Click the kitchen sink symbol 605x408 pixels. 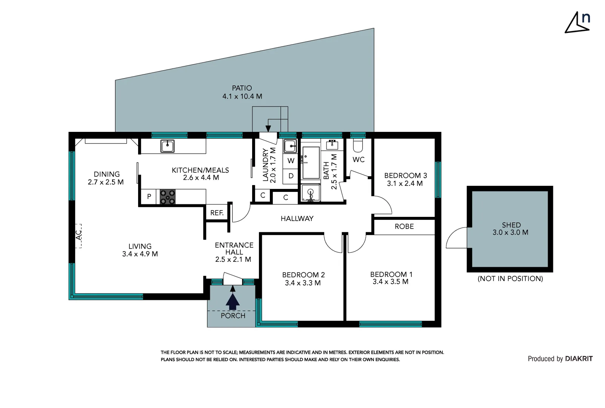[167, 146]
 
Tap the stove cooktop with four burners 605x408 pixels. [168, 197]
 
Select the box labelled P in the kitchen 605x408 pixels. [149, 196]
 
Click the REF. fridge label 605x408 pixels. [217, 213]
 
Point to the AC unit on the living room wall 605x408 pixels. [78, 235]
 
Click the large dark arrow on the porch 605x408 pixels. [232, 301]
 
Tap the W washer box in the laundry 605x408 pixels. [291, 161]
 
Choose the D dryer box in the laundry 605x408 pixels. [291, 176]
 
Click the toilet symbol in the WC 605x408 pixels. [357, 145]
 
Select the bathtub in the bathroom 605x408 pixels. [311, 163]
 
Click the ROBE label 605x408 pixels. [404, 227]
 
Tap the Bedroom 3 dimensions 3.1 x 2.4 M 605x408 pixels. [405, 184]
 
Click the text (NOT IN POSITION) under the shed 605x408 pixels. [510, 279]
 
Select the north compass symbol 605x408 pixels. [578, 23]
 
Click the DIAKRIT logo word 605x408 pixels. [579, 359]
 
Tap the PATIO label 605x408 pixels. [242, 88]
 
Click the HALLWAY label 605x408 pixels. [297, 219]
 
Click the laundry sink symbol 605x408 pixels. [290, 146]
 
